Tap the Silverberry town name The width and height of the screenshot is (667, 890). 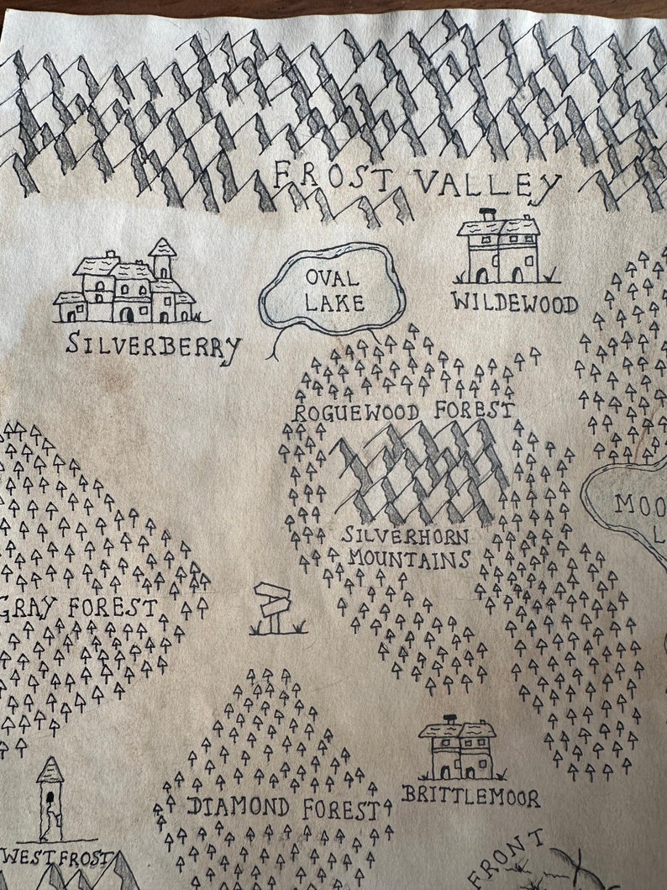coord(154,345)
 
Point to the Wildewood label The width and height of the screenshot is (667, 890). coord(514,302)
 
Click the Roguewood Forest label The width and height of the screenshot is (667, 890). coord(403,411)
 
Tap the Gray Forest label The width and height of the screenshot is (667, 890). coord(80,608)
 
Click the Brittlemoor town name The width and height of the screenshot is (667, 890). coord(470,795)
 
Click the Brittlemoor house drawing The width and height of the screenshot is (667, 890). coord(458,750)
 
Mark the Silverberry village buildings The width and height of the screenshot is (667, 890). coord(126,287)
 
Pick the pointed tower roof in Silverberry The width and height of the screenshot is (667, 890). coord(162,247)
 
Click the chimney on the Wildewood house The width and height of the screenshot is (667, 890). coord(487,215)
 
